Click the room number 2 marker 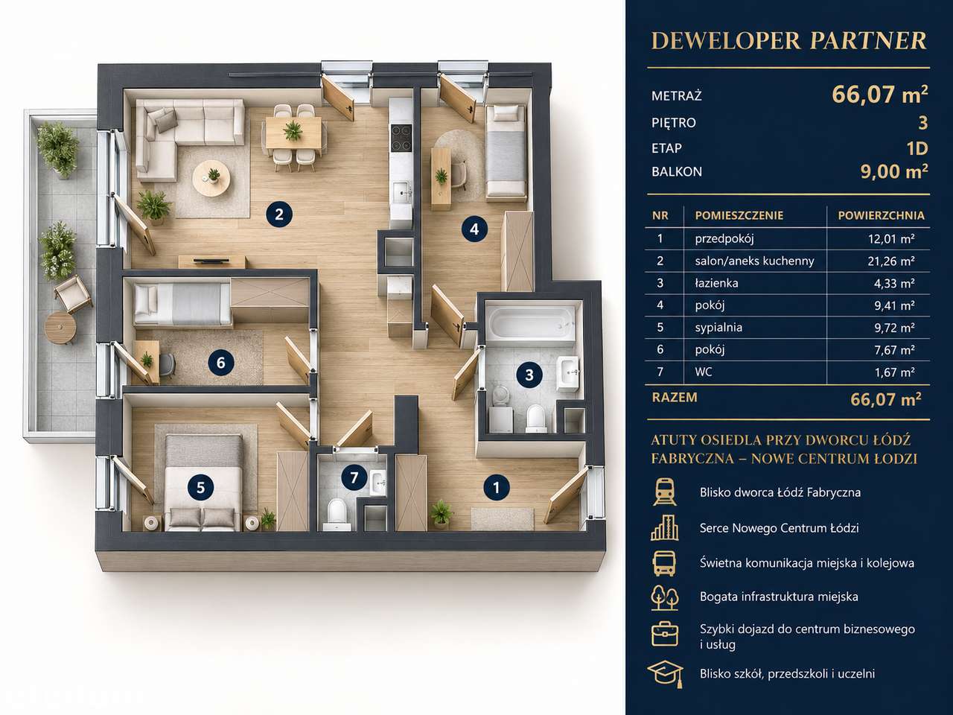coord(278,214)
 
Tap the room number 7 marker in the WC coord(354,477)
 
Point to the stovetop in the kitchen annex coord(401,132)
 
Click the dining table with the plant coord(293,131)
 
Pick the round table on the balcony coord(60,326)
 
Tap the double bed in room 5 coord(203,483)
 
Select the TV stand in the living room coord(212,261)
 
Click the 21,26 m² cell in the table coord(891,261)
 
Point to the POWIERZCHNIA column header coord(881,215)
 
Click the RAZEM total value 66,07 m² coord(886,399)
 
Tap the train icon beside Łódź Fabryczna coord(664,492)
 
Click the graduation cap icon coord(665,674)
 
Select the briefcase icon coord(665,634)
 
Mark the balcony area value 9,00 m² coord(894,171)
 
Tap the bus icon coord(664,563)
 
